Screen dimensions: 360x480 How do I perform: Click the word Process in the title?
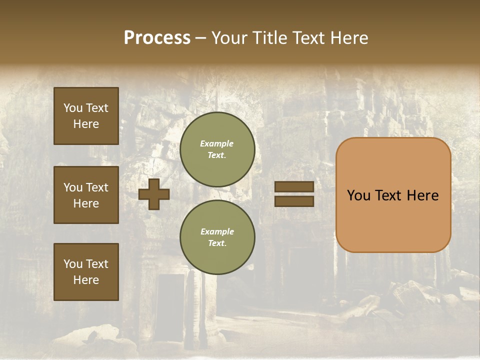pos(157,38)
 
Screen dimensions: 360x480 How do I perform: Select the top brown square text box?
pos(86,116)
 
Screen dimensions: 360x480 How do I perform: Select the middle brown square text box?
pos(86,195)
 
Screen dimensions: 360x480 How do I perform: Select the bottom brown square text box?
pos(86,272)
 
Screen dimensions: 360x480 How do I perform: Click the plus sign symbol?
pos(154,194)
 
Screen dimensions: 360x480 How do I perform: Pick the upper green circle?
pos(217,149)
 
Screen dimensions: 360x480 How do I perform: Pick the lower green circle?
pos(217,237)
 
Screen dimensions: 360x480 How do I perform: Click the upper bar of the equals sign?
pos(294,186)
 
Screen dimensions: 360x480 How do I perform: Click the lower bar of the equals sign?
pos(294,201)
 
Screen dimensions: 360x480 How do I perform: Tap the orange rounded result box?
pos(393,195)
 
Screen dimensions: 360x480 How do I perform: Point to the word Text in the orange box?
pos(388,195)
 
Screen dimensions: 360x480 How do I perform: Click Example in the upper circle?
pos(217,143)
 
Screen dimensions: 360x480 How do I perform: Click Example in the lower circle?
pos(217,231)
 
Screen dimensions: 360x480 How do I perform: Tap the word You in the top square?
pos(73,108)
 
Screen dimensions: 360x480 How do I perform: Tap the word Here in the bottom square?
pos(86,280)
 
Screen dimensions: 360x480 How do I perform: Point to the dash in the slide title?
pos(200,38)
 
